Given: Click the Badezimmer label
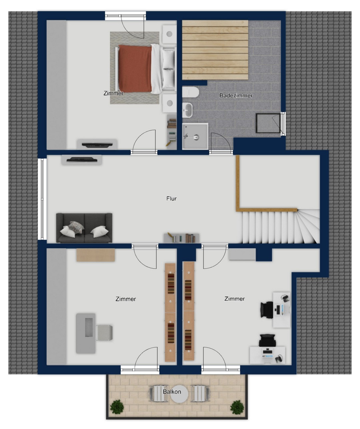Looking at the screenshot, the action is click(236, 96).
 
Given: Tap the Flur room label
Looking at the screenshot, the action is click(171, 199).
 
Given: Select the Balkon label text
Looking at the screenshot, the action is click(172, 392).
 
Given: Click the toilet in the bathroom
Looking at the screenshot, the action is click(190, 92).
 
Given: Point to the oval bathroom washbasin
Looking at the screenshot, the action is click(187, 110).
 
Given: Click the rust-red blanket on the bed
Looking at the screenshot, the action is click(135, 69).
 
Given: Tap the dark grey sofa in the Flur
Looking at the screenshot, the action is click(84, 228).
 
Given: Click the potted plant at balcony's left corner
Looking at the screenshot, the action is click(117, 407).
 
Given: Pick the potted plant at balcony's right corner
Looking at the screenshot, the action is click(237, 407).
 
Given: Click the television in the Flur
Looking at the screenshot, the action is click(82, 160).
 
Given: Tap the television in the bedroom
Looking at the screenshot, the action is click(97, 145).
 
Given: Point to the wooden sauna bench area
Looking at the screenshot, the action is click(215, 50).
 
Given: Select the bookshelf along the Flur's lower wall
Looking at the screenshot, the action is click(181, 238).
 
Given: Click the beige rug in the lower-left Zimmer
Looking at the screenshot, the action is click(96, 255).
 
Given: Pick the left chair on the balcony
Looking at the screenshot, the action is click(157, 393).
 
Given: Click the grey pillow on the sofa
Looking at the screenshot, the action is click(76, 227).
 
